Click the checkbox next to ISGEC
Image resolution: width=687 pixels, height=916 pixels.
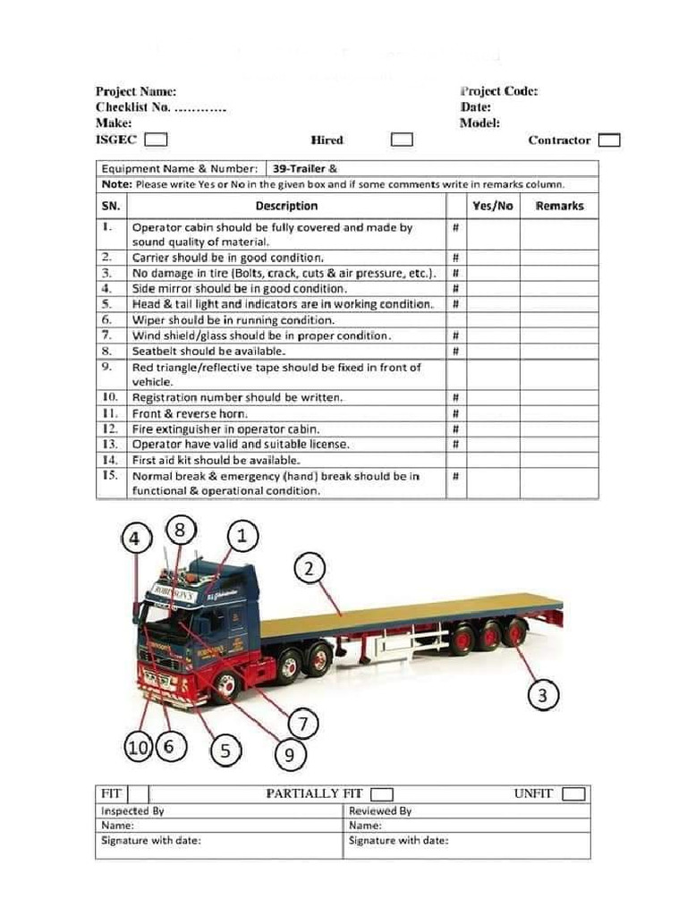tap(156, 140)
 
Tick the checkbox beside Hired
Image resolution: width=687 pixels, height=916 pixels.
tap(403, 140)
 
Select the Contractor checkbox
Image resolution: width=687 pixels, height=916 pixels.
tap(609, 140)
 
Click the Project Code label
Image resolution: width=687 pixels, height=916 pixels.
tap(498, 91)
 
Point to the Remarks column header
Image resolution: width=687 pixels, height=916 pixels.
tap(559, 206)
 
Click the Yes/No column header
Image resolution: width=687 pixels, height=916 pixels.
tap(493, 206)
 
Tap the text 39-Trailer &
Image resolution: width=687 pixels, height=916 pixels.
tap(305, 168)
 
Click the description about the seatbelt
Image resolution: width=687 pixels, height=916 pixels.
tap(197, 352)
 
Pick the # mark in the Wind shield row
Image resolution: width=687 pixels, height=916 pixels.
tap(456, 336)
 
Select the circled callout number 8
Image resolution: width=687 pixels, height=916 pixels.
tap(180, 530)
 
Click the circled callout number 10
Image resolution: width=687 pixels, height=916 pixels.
tap(137, 748)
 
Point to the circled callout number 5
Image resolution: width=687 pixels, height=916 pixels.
tap(225, 750)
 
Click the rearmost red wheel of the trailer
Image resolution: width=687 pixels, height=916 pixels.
tap(514, 633)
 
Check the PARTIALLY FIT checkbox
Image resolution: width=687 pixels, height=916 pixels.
tap(382, 793)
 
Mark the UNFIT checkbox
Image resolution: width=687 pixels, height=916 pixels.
tap(573, 793)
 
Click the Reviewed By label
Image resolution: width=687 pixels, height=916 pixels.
tap(380, 810)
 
